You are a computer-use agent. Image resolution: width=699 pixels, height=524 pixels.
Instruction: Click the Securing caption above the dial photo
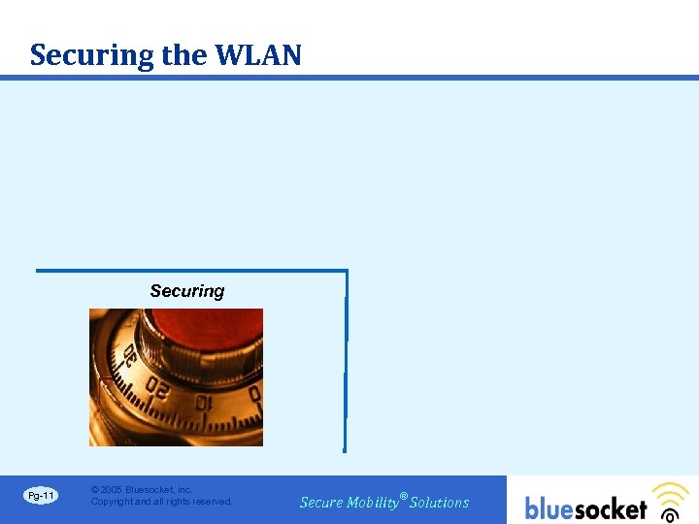(x=187, y=291)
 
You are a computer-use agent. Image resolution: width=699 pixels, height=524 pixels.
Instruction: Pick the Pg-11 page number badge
(x=42, y=496)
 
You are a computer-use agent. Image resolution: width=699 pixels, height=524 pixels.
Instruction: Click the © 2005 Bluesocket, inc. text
(x=142, y=490)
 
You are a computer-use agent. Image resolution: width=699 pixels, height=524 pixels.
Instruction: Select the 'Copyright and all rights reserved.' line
(x=161, y=502)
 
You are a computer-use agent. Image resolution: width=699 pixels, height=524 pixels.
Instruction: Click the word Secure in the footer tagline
(x=321, y=503)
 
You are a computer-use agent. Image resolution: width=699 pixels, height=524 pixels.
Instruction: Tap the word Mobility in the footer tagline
(x=373, y=503)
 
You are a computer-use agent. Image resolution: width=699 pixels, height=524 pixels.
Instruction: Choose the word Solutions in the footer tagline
(x=440, y=503)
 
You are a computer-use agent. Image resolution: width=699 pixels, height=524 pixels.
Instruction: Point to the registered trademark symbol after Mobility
(x=404, y=495)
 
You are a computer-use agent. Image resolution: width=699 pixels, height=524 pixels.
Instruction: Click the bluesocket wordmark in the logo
(x=585, y=508)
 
